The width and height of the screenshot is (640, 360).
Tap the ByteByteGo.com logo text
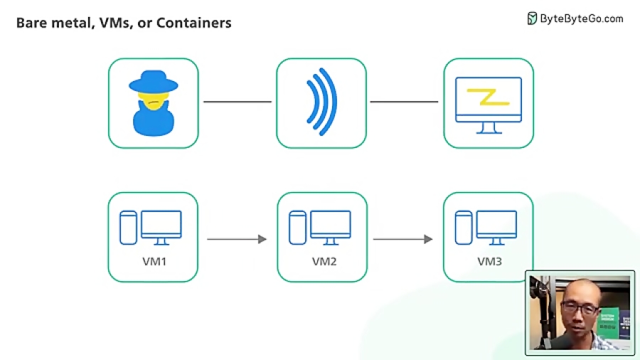pos(581,18)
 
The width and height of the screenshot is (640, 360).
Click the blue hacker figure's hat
pos(153,82)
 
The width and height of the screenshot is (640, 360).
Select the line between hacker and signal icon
pos(238,102)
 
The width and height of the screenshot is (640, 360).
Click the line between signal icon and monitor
pos(404,102)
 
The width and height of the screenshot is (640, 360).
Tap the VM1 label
pos(154,261)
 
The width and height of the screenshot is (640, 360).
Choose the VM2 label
pos(324,261)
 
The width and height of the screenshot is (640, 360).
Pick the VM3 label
pos(489,261)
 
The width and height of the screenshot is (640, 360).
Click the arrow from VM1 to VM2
pos(237,239)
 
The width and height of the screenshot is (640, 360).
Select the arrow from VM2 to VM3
pos(403,239)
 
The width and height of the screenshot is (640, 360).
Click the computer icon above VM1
pos(161,227)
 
